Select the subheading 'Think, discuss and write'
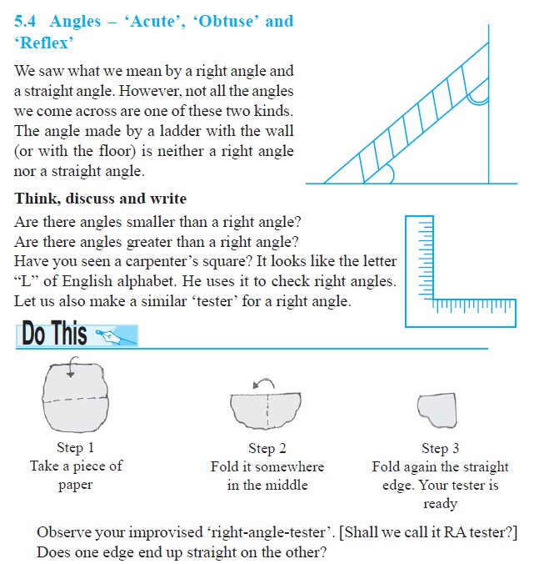coord(101,199)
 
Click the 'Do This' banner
coord(76,335)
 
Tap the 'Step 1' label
coord(75,448)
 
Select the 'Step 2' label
coord(267,449)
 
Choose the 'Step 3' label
coord(440,449)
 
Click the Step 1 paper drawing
coord(76,396)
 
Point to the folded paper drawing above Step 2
coord(267,409)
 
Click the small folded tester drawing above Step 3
coord(437,409)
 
